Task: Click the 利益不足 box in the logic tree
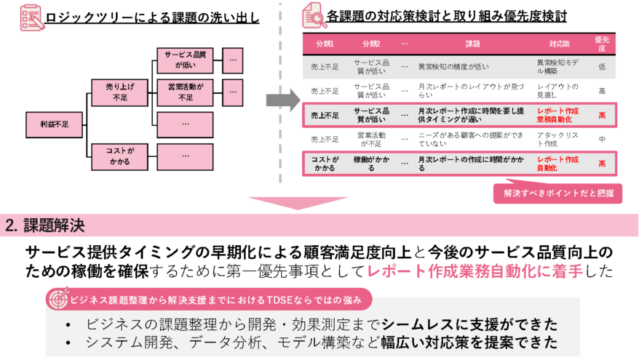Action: pos(55,124)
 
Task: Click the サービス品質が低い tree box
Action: pos(186,59)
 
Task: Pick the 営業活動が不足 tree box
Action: pos(186,92)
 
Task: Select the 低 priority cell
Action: pos(602,67)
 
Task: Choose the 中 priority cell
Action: pos(602,140)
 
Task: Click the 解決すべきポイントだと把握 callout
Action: pos(558,193)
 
